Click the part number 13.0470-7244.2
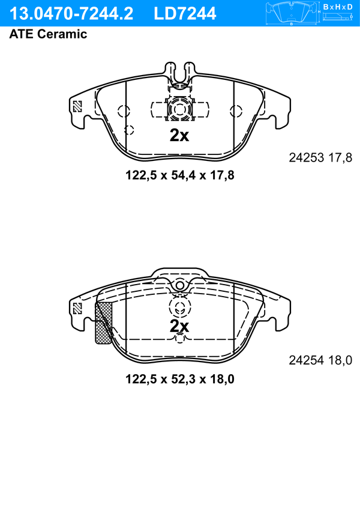(71, 14)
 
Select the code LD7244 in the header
(185, 14)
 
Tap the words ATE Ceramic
(48, 34)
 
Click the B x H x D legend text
(338, 7)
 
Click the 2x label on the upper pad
(179, 136)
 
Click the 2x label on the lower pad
(179, 326)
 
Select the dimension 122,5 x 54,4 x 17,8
(180, 175)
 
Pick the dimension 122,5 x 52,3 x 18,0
(180, 379)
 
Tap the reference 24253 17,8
(320, 158)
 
